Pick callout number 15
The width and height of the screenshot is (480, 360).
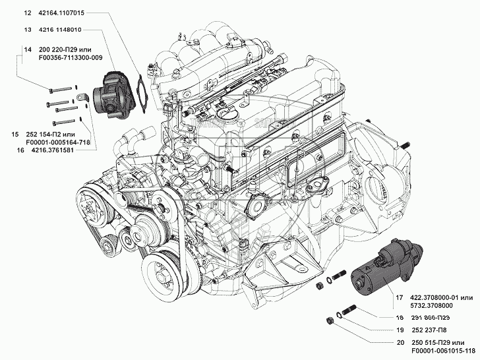(x=15, y=134)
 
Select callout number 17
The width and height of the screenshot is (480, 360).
(x=399, y=298)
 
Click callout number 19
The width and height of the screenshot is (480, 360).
(x=399, y=330)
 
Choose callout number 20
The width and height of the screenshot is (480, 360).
(x=399, y=343)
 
